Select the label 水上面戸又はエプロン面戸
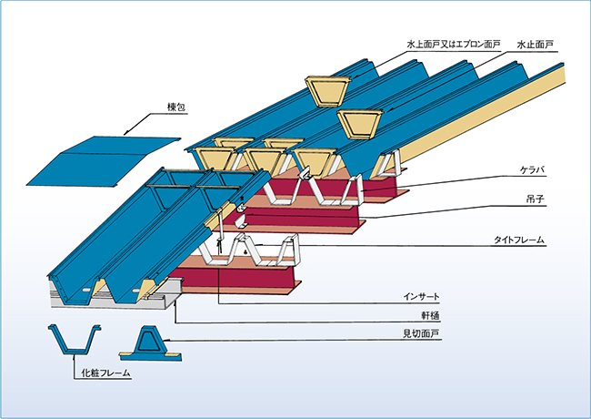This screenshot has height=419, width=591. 452,42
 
